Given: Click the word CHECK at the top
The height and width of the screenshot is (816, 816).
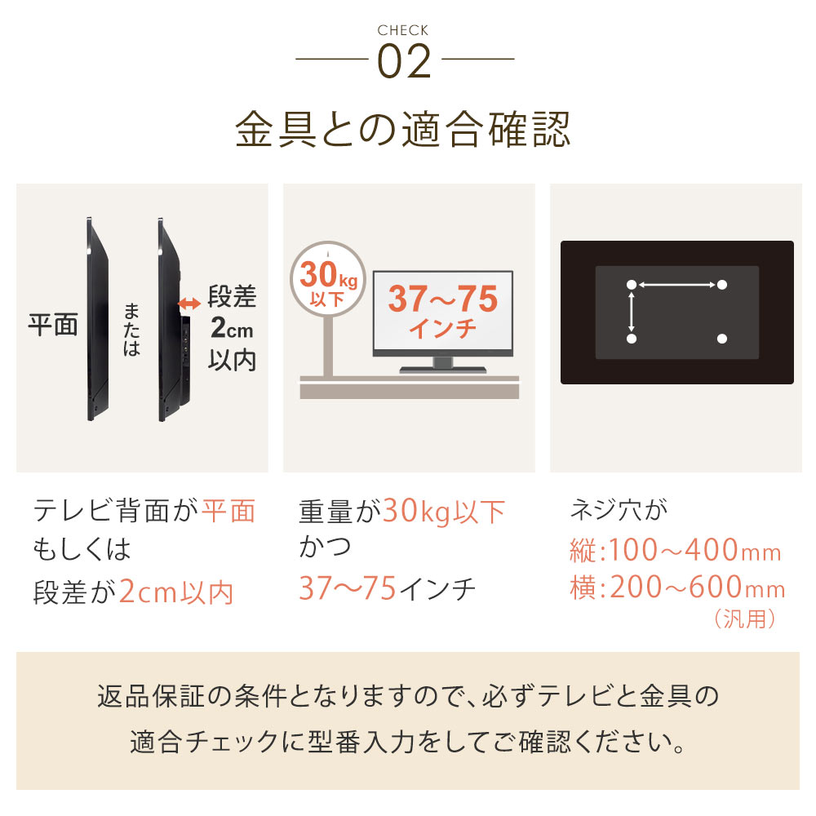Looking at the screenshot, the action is [x=403, y=30].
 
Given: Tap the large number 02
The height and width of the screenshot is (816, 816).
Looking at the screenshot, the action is [x=405, y=61].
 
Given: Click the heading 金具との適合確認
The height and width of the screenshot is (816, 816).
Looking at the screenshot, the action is [x=403, y=129].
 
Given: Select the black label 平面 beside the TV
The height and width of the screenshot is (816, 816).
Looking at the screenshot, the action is [x=52, y=324].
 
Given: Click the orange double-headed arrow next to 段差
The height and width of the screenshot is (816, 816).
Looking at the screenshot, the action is [x=189, y=304].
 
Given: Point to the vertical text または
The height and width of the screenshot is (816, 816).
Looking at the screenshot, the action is [x=131, y=330].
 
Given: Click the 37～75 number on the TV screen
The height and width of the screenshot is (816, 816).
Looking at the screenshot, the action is [x=443, y=299].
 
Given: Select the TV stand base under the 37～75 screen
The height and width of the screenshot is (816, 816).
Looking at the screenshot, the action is [x=443, y=370].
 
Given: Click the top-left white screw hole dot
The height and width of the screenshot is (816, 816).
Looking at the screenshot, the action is [x=632, y=285].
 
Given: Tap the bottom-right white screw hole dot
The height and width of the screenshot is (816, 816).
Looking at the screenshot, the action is [x=722, y=339].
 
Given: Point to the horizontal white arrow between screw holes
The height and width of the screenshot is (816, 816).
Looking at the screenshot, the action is [x=676, y=285].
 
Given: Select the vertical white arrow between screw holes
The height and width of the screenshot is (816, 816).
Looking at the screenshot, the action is [x=632, y=312].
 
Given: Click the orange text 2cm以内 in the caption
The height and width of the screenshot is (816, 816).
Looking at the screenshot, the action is [x=176, y=592].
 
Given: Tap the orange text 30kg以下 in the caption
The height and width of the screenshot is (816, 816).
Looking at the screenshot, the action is [x=444, y=511].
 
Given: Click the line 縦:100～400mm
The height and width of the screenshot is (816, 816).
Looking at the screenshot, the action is [x=676, y=550].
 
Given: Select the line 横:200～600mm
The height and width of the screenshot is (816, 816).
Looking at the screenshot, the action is [x=677, y=587].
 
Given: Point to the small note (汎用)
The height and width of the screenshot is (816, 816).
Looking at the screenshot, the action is [x=745, y=619].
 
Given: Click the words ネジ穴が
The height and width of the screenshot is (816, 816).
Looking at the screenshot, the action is [x=619, y=509].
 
